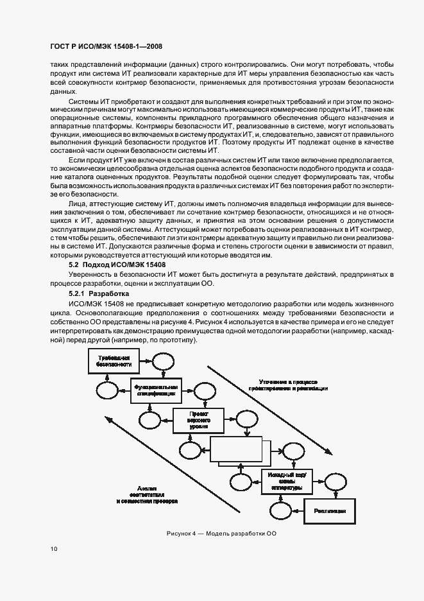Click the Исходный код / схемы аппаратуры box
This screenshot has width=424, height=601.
tap(287, 480)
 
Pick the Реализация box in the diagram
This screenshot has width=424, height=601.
tap(330, 510)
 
